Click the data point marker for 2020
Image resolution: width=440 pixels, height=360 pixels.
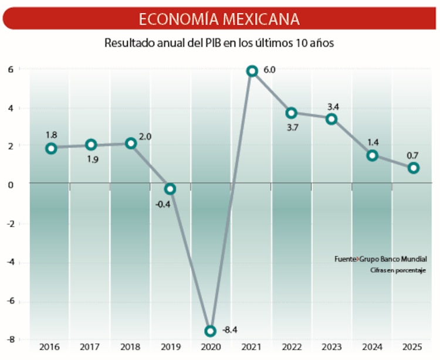(210, 331)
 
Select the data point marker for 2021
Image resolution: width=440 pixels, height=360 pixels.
(252, 71)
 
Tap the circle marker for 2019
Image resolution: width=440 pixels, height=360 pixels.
(170, 189)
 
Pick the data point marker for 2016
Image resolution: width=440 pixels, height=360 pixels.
(51, 148)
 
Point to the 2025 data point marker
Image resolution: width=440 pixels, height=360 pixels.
(414, 168)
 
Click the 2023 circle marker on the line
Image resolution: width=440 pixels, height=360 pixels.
(331, 119)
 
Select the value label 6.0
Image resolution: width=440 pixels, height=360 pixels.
(269, 70)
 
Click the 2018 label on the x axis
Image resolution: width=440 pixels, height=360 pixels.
(131, 348)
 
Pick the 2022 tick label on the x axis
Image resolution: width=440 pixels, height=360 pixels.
(291, 348)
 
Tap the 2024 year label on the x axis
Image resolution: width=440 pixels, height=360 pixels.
(371, 348)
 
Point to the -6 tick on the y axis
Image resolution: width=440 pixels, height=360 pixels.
(10, 301)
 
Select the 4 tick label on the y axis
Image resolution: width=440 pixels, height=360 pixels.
(10, 108)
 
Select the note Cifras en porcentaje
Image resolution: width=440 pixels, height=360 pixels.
(397, 270)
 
